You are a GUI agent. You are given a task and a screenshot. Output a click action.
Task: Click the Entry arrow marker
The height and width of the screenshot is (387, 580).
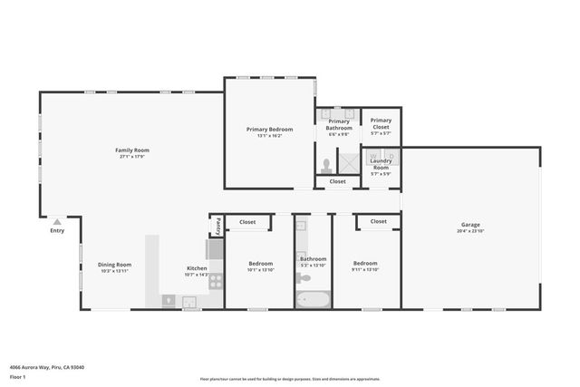pyautogui.click(x=57, y=221)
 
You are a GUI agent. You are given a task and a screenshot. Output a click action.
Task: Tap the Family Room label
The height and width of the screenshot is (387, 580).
pyautogui.click(x=131, y=150)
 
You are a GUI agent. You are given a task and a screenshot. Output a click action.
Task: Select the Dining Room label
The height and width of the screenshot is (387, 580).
pyautogui.click(x=114, y=265)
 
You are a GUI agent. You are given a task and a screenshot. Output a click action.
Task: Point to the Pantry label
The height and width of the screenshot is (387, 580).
pyautogui.click(x=217, y=224)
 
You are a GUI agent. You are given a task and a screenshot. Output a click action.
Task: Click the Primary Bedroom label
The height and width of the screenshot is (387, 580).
pyautogui.click(x=269, y=129)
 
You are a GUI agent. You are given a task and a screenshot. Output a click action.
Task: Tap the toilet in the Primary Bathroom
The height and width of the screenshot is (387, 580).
pyautogui.click(x=326, y=166)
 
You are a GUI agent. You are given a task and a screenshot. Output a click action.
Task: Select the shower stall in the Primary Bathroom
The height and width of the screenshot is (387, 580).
pyautogui.click(x=348, y=162)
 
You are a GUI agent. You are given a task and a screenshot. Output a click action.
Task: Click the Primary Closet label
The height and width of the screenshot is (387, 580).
pyautogui.click(x=381, y=123)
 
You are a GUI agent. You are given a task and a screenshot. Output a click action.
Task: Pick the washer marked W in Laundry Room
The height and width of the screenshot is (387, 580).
pyautogui.click(x=373, y=155)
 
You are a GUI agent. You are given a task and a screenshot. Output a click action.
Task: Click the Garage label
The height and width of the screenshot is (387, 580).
pyautogui.click(x=469, y=225)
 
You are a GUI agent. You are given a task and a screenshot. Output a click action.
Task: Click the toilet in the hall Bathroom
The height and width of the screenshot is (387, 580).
pyautogui.click(x=302, y=278)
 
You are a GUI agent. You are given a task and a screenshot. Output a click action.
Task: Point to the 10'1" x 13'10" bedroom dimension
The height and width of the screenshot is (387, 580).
pyautogui.click(x=261, y=270)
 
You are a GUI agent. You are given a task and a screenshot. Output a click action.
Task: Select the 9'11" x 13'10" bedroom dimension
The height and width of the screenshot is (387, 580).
pyautogui.click(x=365, y=270)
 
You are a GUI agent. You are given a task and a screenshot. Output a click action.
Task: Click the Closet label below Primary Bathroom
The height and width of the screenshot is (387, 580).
pyautogui.click(x=337, y=181)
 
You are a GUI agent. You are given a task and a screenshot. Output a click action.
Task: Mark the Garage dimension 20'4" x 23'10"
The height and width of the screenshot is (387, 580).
pyautogui.click(x=469, y=231)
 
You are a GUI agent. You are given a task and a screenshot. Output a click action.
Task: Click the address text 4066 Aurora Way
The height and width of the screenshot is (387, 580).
pyautogui.click(x=44, y=367)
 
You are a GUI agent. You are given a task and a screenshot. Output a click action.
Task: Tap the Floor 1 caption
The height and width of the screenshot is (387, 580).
pyautogui.click(x=17, y=376)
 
